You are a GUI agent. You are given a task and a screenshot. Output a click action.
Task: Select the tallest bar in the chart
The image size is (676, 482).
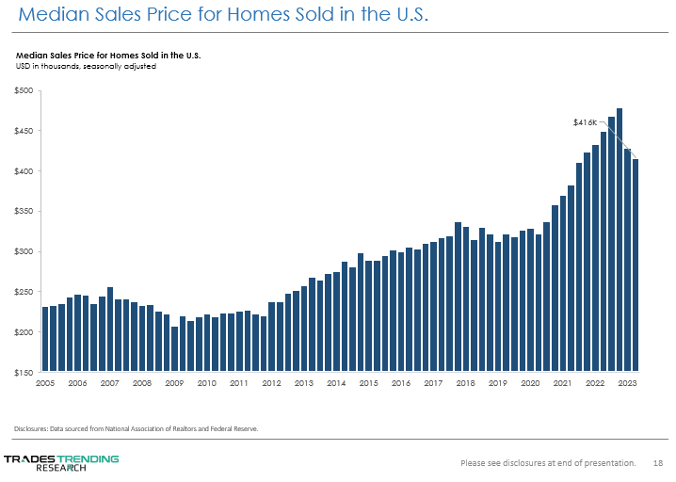[x=620, y=239]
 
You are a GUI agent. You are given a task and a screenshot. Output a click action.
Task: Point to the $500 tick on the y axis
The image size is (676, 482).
[x=24, y=90]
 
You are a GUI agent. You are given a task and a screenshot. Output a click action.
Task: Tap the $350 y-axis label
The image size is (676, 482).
[x=24, y=212]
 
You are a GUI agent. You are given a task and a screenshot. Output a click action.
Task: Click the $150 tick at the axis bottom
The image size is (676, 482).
[x=24, y=373]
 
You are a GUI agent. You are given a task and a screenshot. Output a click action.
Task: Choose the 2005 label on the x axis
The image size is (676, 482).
[x=45, y=383]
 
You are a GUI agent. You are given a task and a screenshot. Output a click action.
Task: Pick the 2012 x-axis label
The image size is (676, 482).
[x=271, y=383]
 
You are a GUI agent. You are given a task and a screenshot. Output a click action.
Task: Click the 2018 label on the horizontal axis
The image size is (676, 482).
[x=465, y=383]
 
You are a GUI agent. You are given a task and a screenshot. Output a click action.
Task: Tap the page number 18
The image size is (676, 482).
[x=658, y=462]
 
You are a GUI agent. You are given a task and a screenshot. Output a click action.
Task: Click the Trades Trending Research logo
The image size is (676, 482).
[x=62, y=462]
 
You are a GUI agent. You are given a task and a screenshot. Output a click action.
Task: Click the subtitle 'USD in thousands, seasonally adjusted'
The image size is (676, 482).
[x=86, y=67]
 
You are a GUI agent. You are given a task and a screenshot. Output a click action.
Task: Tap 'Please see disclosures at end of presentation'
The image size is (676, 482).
[x=547, y=462]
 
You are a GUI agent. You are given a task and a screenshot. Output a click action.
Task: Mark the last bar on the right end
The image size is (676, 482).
[x=636, y=265]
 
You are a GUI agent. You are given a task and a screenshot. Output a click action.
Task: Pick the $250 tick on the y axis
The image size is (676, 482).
[x=24, y=293]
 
